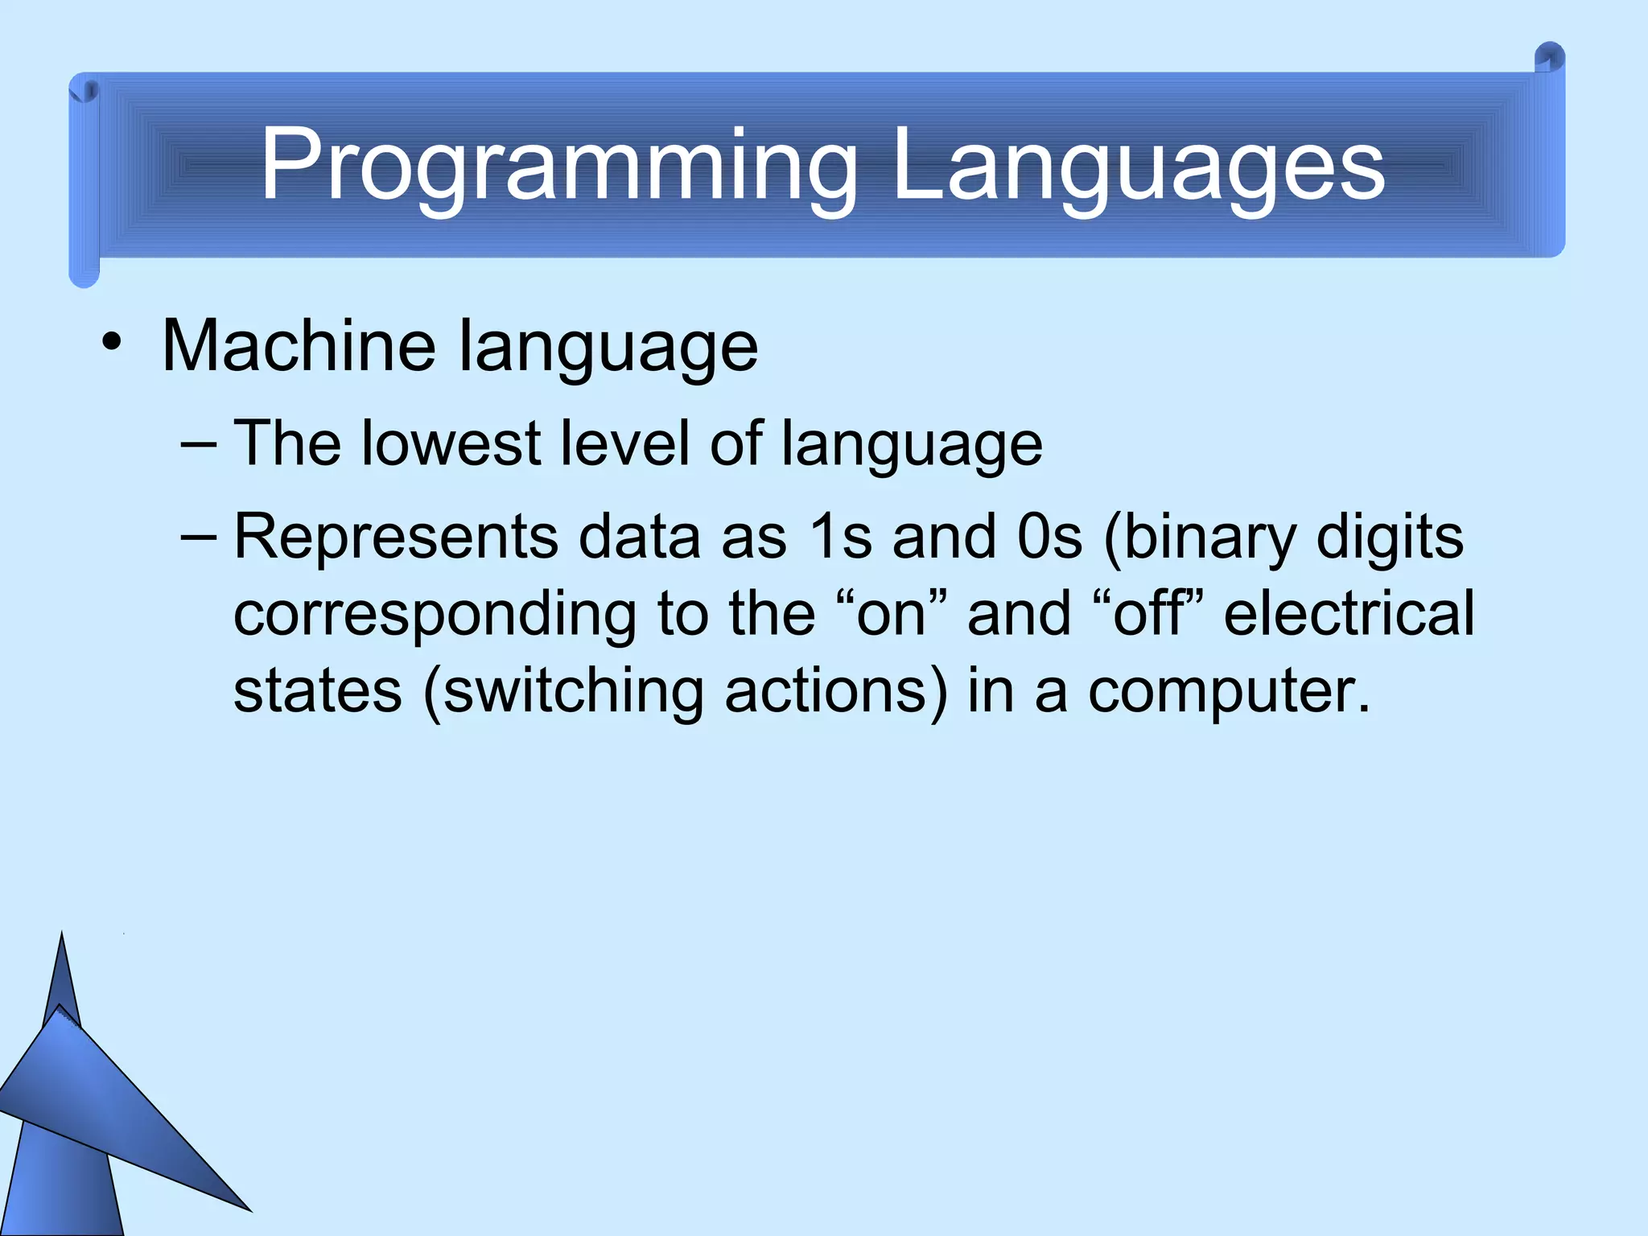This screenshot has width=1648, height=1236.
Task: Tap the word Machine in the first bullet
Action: tap(299, 346)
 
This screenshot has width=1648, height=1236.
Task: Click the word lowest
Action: tap(451, 443)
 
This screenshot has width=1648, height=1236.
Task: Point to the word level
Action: tap(624, 443)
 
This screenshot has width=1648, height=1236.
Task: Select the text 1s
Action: tap(840, 537)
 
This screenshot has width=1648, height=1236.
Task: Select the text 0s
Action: tap(1049, 537)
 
